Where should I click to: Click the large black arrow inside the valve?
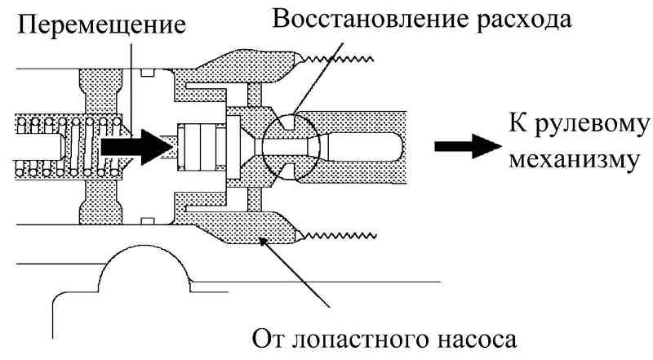pos(134,146)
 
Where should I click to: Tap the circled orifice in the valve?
pos(287,144)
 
